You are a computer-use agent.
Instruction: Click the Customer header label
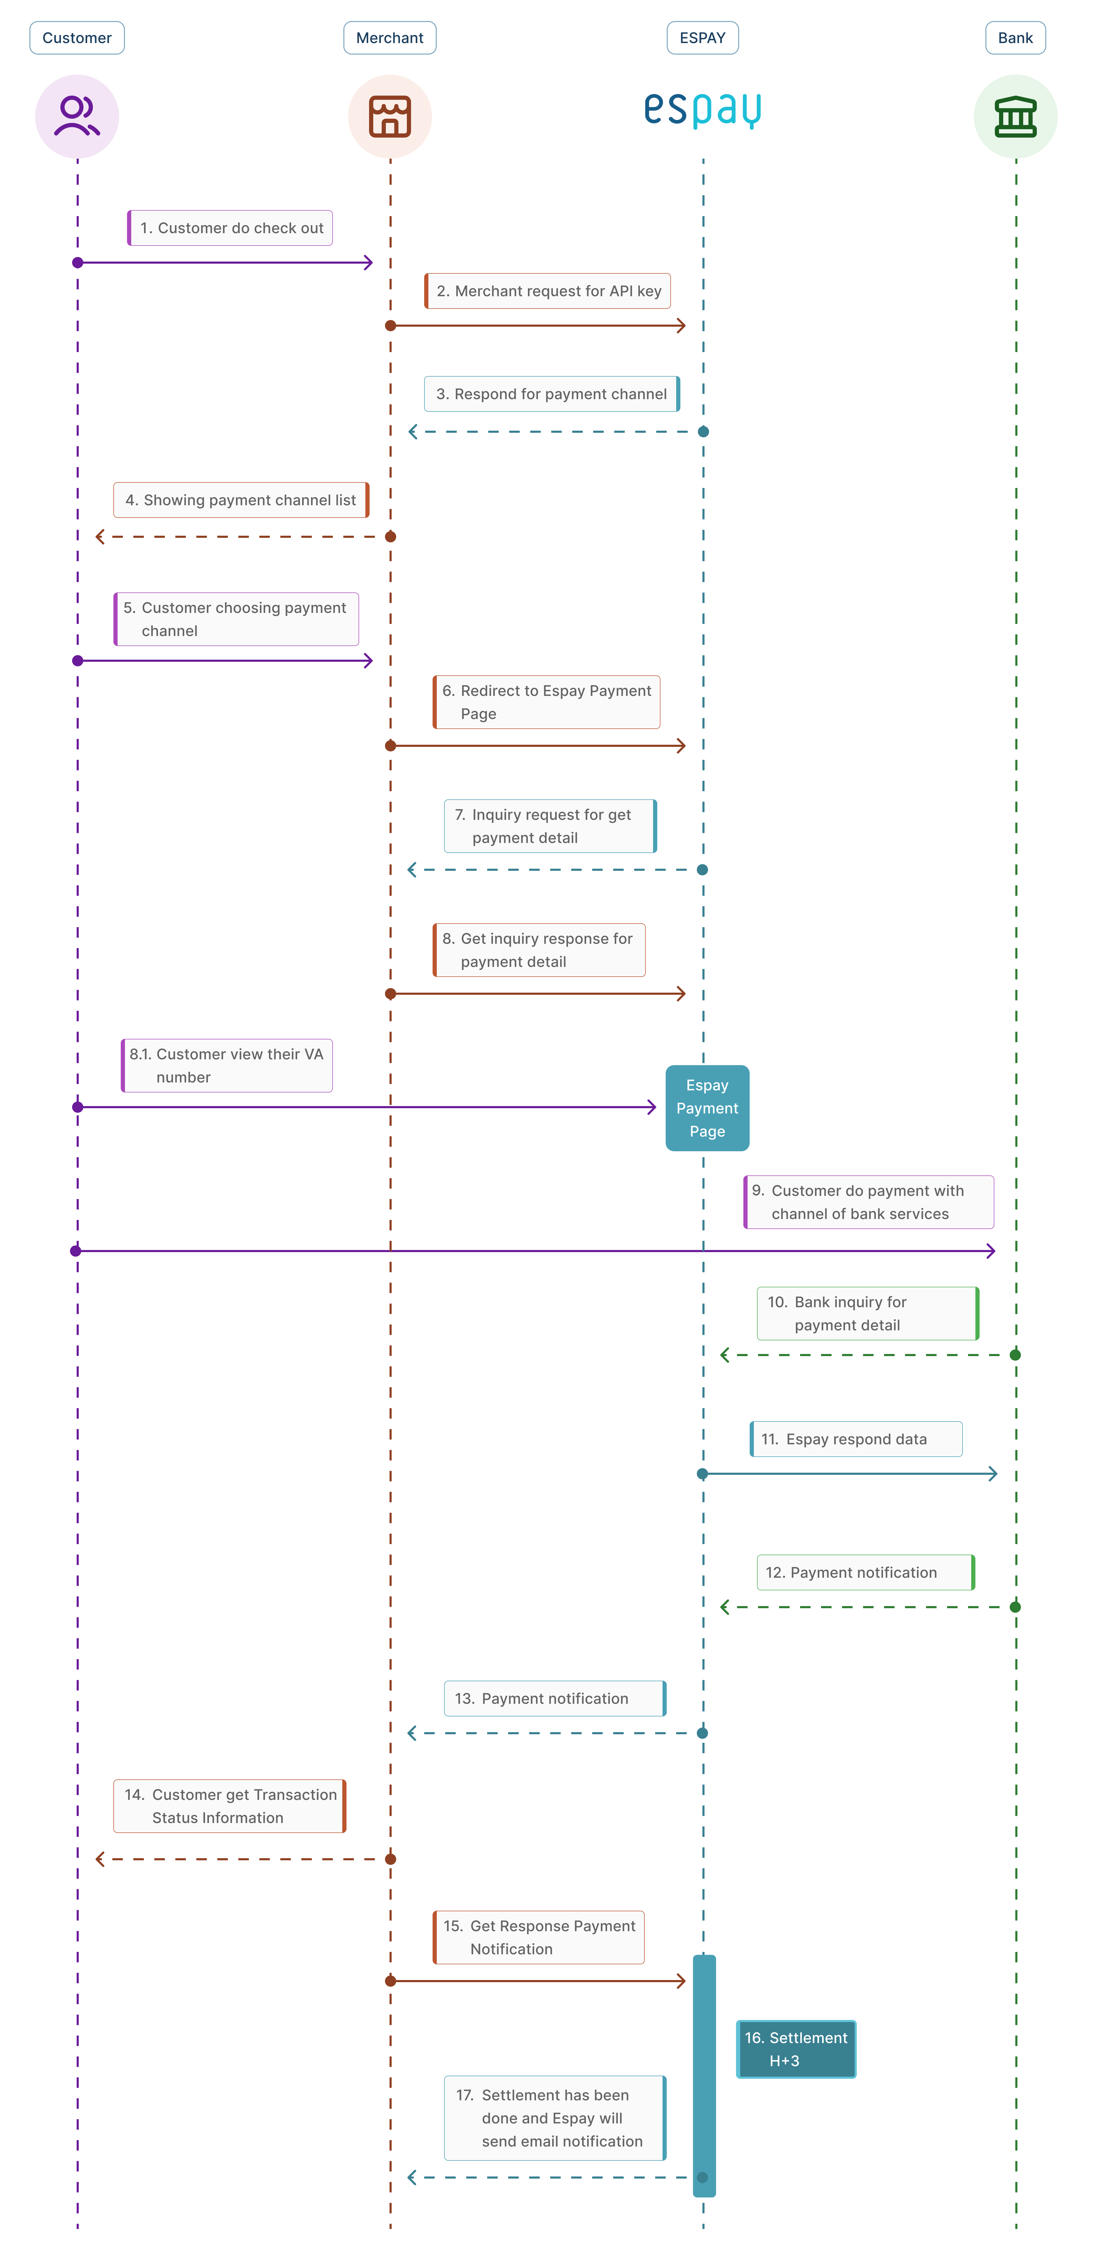pos(77,38)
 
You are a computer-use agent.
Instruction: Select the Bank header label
pos(1015,38)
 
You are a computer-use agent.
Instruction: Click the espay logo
pos(703,110)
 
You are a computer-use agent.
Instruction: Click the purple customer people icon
pos(77,116)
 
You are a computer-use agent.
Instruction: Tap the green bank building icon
pos(1015,116)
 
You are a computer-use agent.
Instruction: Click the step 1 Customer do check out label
pos(230,228)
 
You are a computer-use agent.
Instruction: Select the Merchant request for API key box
pos(547,291)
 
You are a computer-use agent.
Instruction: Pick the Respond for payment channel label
pos(552,394)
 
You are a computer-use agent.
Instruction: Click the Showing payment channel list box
pos(241,500)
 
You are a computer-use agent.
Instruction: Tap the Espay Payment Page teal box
pos(707,1107)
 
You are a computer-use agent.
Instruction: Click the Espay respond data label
pos(856,1439)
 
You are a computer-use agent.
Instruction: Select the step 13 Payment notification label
pos(555,1698)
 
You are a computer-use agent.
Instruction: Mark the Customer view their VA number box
pos(227,1066)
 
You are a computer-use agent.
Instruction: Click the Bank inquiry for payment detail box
pos(868,1313)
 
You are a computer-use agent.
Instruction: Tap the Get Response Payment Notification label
pos(539,1937)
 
